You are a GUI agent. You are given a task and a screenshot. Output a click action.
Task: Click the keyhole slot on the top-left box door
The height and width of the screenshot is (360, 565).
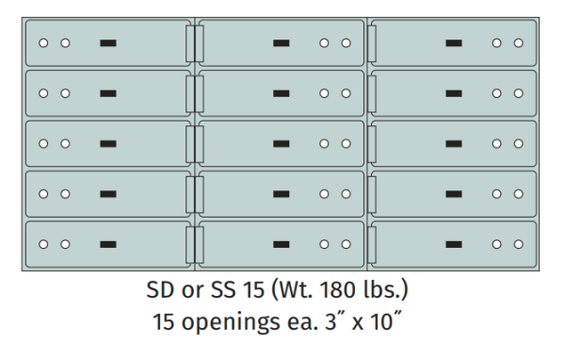[108, 43]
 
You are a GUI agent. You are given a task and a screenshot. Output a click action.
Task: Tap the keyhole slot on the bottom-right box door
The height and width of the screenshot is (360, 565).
[454, 244]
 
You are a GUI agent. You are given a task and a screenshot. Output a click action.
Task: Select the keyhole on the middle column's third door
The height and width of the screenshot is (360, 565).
[281, 143]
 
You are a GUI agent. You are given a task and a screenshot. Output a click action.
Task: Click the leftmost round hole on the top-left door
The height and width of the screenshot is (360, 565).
[43, 43]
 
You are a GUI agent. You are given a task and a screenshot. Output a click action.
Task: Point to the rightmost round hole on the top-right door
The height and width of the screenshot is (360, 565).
[518, 43]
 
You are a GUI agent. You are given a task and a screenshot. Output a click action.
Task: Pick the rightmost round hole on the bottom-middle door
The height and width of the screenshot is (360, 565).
[346, 244]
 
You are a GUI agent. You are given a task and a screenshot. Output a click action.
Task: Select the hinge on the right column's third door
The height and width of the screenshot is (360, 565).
[370, 143]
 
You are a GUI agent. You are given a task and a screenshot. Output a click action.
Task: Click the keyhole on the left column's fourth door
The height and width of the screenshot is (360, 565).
[108, 194]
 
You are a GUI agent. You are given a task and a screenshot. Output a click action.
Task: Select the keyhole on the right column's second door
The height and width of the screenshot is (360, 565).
[454, 93]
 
